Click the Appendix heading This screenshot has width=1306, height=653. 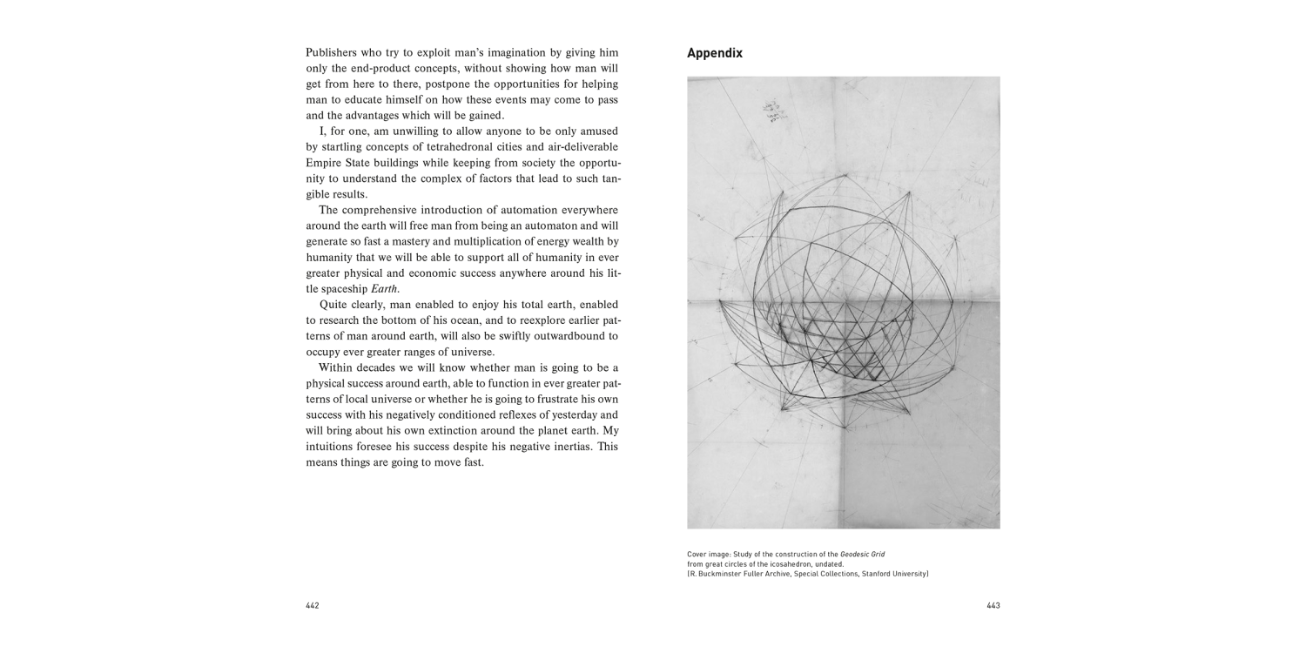714,53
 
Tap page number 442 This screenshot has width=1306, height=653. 313,606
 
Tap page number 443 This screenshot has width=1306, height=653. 993,606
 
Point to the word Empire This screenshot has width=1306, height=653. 326,162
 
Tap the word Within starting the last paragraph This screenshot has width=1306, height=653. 337,367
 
